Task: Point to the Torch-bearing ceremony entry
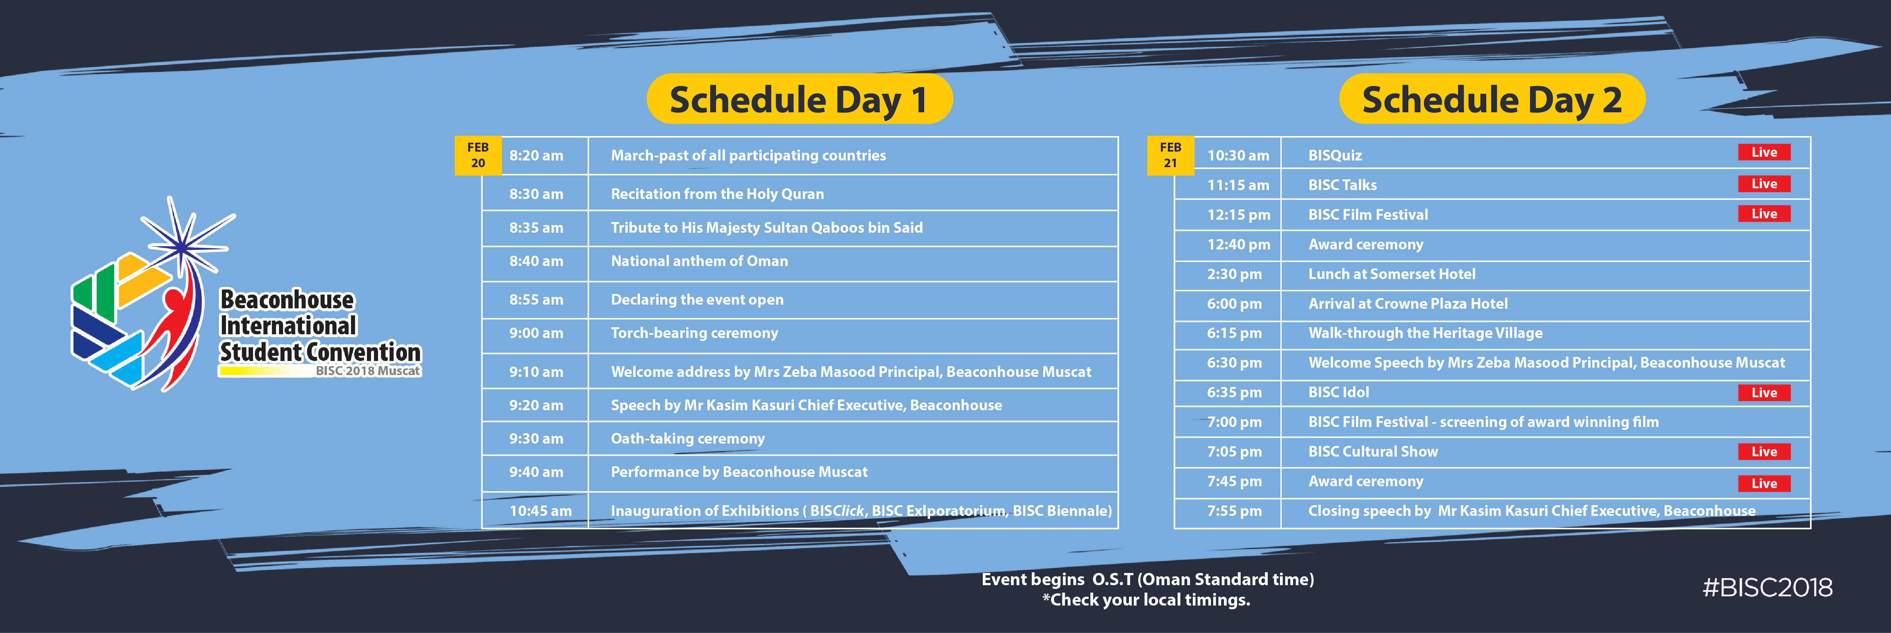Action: (695, 333)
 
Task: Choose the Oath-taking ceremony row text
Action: (688, 439)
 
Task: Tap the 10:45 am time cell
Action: (540, 510)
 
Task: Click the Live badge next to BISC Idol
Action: (1764, 392)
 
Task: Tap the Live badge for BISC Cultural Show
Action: (1764, 452)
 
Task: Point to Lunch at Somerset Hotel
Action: (1392, 274)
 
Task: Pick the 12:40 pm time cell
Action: (1238, 244)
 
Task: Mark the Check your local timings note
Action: (1146, 600)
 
